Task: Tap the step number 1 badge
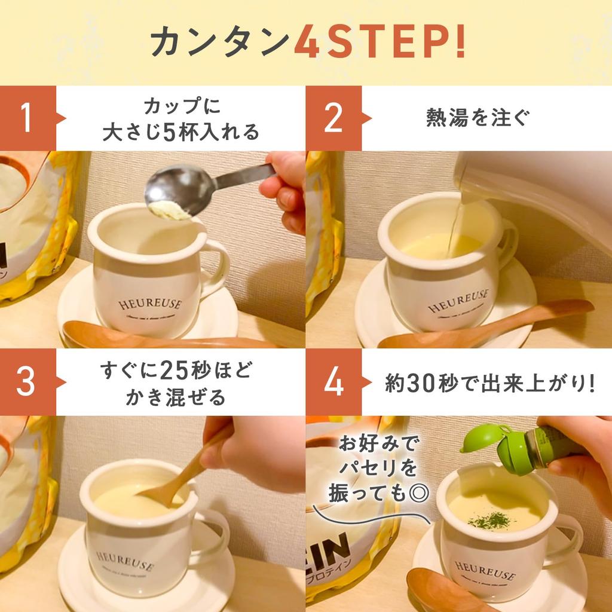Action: (x=26, y=118)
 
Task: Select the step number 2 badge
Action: (x=333, y=118)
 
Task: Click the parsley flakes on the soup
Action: (x=491, y=520)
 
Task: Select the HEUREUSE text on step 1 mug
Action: (x=149, y=304)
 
